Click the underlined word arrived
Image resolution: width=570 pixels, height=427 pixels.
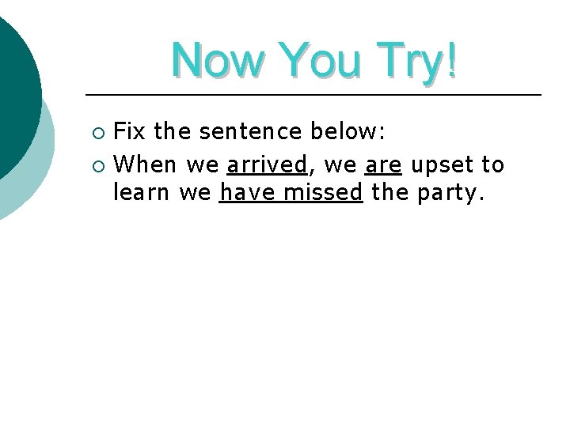coord(267,164)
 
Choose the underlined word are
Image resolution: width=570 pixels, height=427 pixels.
coord(384,164)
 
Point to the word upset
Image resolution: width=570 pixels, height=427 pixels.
coord(441,165)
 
